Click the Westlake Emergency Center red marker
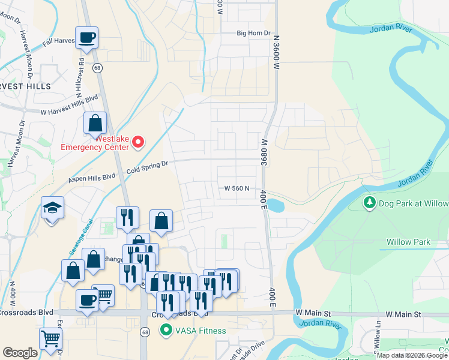coord(139,142)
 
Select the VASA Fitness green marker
coord(164,330)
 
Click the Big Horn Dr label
coord(254,33)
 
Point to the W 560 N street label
coord(237,188)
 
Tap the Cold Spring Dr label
coord(146,167)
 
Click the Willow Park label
coord(408,242)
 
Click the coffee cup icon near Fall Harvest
coord(86,37)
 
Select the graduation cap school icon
coord(52,208)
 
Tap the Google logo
coord(20,353)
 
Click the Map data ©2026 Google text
coord(412,355)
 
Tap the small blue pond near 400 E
coord(274,205)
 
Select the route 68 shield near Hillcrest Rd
coord(97,68)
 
